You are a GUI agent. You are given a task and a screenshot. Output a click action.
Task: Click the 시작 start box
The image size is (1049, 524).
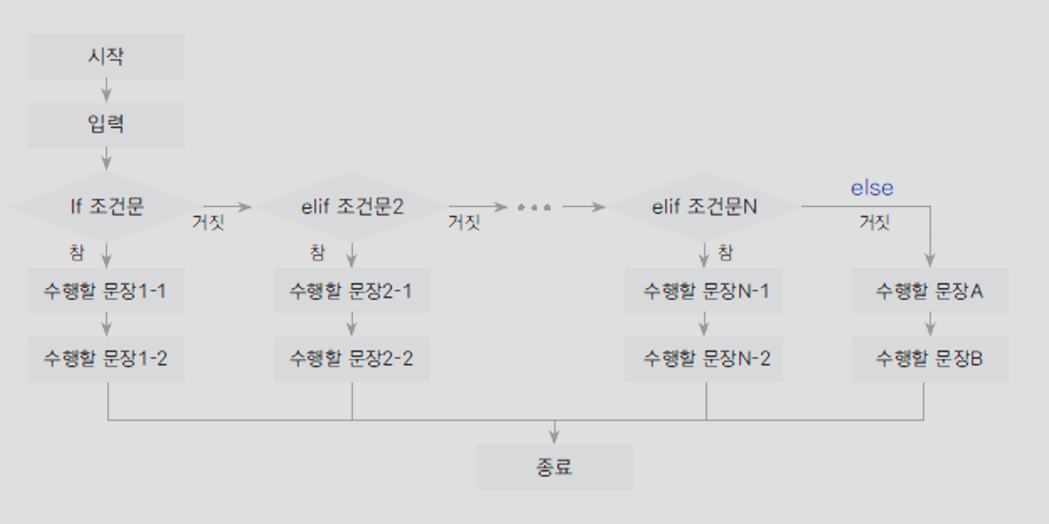[106, 57]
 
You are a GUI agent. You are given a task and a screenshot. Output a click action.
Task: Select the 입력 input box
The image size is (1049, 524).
[106, 125]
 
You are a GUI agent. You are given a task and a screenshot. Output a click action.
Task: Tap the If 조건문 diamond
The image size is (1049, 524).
[106, 207]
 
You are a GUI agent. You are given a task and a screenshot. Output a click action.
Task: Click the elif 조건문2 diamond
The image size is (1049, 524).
[352, 207]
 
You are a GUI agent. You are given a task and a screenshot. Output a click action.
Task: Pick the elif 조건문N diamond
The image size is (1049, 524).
[703, 207]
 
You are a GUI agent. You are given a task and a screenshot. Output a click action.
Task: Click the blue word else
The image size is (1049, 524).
[871, 188]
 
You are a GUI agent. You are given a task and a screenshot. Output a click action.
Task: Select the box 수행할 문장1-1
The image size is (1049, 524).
[106, 290]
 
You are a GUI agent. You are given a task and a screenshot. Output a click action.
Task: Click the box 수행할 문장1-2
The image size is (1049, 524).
[106, 359]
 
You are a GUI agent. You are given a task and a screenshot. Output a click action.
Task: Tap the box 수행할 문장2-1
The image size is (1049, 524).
[352, 290]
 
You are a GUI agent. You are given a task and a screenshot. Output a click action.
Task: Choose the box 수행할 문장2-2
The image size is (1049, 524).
[352, 359]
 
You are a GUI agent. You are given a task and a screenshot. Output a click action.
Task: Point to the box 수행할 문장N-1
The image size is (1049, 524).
[703, 290]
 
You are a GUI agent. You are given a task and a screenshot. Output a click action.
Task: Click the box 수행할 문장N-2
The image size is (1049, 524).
[703, 359]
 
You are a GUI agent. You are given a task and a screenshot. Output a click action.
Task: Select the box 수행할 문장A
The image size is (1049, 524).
[930, 290]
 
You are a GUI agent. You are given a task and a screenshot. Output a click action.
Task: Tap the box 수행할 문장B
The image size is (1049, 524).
[930, 359]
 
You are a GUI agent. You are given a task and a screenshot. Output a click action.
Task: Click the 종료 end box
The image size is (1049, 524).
[554, 467]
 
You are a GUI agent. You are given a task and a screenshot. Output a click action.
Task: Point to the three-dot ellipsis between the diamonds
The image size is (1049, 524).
[534, 207]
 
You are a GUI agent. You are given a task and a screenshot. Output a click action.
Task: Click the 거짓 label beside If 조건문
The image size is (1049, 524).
[208, 222]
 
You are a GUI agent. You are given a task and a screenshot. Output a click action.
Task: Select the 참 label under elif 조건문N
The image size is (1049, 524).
[725, 253]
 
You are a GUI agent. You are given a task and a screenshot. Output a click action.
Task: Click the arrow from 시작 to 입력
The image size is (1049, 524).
[106, 91]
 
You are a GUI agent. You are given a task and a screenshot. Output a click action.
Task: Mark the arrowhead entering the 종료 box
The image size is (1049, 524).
[554, 437]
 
